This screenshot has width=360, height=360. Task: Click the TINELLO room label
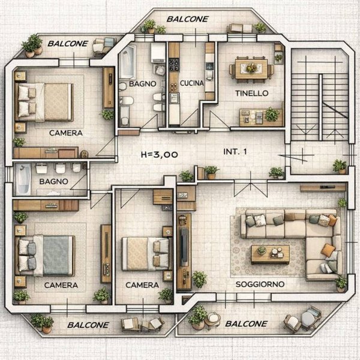251,93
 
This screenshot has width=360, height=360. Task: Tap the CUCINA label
192,83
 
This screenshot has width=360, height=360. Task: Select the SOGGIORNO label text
260,284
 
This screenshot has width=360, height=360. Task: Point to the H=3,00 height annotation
160,155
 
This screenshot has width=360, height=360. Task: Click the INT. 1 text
235,152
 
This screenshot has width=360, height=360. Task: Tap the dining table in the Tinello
251,68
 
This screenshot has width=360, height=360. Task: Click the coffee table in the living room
270,254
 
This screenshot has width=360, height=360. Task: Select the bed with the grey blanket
45,256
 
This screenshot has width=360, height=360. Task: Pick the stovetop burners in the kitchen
174,65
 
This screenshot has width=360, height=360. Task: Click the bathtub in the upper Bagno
127,62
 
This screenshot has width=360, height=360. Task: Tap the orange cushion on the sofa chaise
328,250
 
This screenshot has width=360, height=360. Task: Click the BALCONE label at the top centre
188,19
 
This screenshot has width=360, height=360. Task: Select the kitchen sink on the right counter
209,67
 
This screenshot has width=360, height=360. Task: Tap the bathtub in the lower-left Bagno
23,179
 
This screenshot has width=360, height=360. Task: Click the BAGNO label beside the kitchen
143,84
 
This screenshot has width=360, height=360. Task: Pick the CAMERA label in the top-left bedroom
66,133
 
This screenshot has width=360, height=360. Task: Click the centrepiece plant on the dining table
251,68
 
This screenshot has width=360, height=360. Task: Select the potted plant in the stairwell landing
340,167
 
